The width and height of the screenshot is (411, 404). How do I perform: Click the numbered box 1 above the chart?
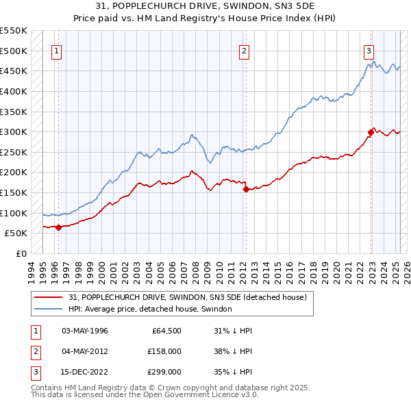(x=56, y=49)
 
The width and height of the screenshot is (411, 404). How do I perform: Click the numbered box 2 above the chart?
(x=244, y=49)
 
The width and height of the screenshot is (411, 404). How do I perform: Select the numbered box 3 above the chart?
(x=369, y=49)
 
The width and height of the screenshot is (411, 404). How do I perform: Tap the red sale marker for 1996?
(x=58, y=227)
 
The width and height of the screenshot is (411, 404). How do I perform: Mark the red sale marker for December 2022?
(x=371, y=132)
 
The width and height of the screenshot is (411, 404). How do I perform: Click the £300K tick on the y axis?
(x=14, y=131)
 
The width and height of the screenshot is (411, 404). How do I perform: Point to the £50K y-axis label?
(x=16, y=233)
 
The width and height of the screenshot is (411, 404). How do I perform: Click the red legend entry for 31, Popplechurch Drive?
(x=191, y=297)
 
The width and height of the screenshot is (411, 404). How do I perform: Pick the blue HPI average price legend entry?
(x=150, y=310)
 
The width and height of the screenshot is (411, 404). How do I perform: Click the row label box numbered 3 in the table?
(x=34, y=371)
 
